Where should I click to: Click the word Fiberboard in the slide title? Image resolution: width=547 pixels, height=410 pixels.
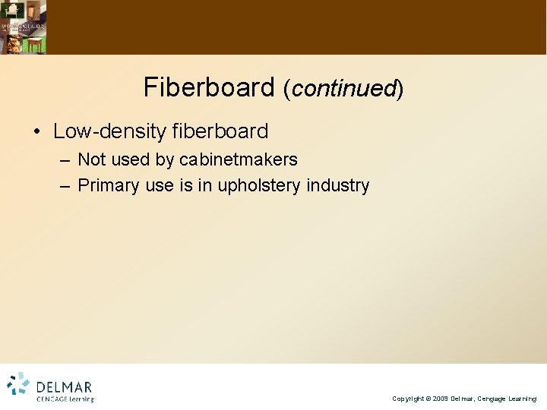tap(208, 88)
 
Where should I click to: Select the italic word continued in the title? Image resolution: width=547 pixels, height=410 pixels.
tap(343, 90)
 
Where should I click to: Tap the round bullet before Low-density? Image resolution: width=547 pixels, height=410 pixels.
tap(36, 131)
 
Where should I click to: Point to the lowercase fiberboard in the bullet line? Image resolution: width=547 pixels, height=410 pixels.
tap(220, 131)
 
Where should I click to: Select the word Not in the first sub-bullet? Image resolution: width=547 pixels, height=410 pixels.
tap(92, 160)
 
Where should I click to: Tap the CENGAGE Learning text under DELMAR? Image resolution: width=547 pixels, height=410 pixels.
tap(65, 399)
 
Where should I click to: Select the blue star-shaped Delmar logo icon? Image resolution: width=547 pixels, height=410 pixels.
tap(18, 385)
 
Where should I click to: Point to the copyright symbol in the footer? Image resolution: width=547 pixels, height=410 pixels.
tap(425, 399)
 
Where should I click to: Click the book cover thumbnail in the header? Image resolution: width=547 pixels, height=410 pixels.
tap(23, 27)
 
